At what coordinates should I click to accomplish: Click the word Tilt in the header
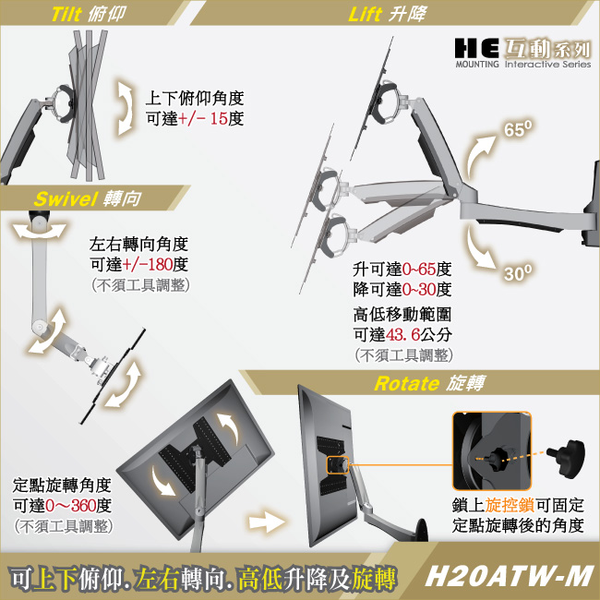tap(66, 15)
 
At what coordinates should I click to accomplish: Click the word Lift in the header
tap(365, 15)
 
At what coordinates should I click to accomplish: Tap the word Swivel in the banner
tap(66, 198)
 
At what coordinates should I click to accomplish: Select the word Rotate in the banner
tap(407, 383)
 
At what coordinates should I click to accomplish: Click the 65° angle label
tap(517, 129)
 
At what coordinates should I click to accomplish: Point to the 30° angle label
tap(518, 273)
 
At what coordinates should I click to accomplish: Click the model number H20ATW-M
tap(509, 576)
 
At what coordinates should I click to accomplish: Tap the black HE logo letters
tap(477, 48)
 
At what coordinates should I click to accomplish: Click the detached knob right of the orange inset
tap(567, 459)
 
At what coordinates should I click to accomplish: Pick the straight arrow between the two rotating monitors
tap(267, 522)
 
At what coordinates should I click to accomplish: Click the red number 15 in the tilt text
tap(219, 119)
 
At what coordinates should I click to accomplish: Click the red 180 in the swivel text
tap(160, 264)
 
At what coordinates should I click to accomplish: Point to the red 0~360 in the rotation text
tap(71, 506)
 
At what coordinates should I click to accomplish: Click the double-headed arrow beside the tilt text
tap(125, 108)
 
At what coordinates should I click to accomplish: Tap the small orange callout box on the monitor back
tap(338, 465)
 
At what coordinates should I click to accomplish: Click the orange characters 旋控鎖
tap(510, 505)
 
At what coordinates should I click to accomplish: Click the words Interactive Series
tap(548, 64)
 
